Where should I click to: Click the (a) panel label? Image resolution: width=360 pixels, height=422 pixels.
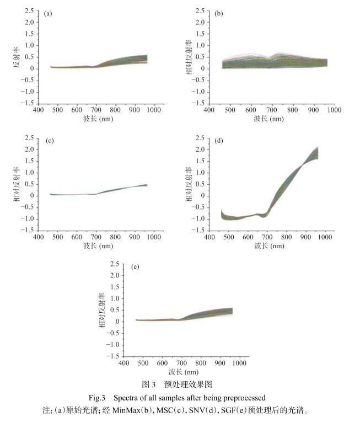coord(48,13)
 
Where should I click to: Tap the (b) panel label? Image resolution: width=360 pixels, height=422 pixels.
coord(218,13)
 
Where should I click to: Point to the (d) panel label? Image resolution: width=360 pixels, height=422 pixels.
coord(219,140)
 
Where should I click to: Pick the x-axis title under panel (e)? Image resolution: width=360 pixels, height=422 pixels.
coord(184,371)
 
